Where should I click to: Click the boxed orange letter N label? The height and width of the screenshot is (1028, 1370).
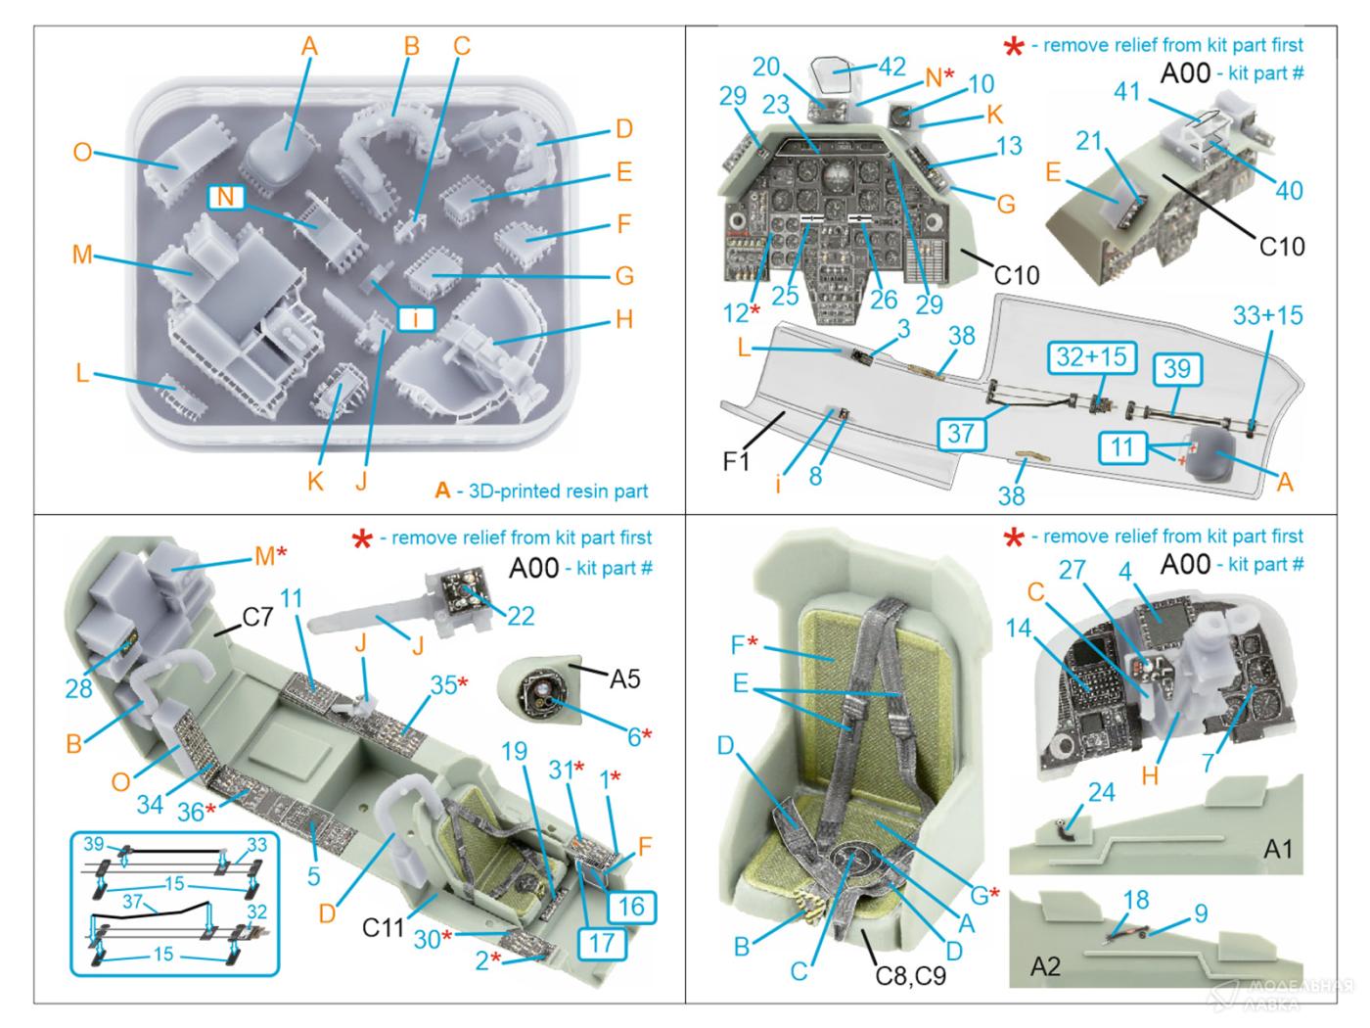[x=225, y=197]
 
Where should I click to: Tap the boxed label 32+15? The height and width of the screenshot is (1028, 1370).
[x=1090, y=358]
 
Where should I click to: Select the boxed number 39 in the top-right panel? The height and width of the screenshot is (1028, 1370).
[x=1177, y=368]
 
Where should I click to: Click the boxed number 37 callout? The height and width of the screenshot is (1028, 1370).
[x=961, y=432]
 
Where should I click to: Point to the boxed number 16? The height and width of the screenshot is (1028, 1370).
[x=632, y=908]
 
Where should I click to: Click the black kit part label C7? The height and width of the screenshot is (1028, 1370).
[x=257, y=617]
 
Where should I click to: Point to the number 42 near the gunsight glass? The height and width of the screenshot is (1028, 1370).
[x=891, y=66]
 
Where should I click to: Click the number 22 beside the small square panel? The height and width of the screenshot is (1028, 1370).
[x=521, y=614]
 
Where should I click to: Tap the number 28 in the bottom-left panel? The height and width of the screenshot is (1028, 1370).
[x=79, y=688]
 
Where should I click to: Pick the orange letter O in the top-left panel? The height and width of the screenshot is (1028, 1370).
[x=83, y=152]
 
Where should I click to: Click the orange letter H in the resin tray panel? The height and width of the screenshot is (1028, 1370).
[x=624, y=319]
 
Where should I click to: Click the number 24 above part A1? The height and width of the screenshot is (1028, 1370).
[x=1102, y=791]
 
